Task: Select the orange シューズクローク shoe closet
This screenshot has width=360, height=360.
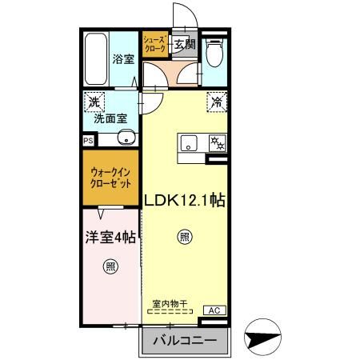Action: pyautogui.click(x=154, y=45)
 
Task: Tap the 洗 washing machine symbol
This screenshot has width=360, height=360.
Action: pyautogui.click(x=94, y=102)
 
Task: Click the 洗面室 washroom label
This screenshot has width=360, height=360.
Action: pyautogui.click(x=110, y=118)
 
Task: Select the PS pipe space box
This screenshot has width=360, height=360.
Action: pyautogui.click(x=87, y=139)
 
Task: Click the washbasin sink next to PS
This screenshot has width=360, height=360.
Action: pyautogui.click(x=122, y=138)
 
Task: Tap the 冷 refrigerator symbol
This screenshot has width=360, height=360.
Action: pyautogui.click(x=216, y=101)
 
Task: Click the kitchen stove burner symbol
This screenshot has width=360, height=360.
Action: pyautogui.click(x=215, y=144)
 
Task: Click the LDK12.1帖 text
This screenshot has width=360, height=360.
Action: pyautogui.click(x=184, y=201)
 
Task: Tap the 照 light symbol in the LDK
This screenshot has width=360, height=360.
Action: pyautogui.click(x=184, y=236)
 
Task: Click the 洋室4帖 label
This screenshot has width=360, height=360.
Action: pyautogui.click(x=110, y=238)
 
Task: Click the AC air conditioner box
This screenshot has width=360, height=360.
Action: pyautogui.click(x=214, y=310)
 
